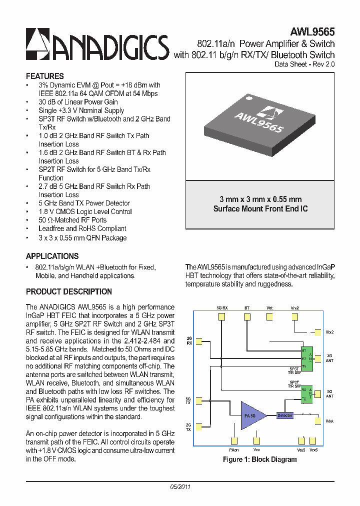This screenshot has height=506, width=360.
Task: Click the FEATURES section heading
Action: click(x=44, y=76)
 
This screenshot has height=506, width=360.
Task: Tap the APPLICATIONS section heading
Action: click(x=52, y=256)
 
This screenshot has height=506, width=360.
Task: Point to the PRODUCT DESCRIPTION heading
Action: click(x=68, y=291)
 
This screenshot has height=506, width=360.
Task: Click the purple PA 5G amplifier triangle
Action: click(x=253, y=415)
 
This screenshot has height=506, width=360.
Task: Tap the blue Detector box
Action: click(x=285, y=415)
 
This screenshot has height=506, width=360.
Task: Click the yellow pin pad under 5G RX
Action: click(x=222, y=316)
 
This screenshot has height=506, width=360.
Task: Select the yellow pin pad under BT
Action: click(x=246, y=316)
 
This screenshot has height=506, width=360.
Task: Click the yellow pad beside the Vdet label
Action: click(x=318, y=421)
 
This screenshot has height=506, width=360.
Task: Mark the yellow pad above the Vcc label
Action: click(x=256, y=440)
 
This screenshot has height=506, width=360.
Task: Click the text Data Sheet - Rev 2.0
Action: click(x=304, y=64)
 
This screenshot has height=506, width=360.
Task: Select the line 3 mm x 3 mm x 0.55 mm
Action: click(x=260, y=199)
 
